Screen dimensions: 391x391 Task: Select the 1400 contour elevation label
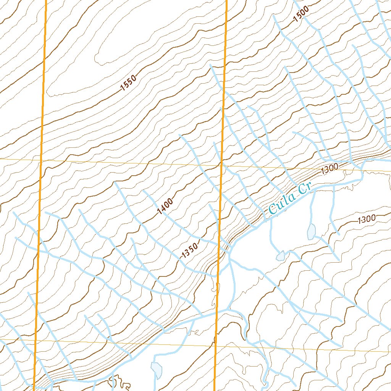pyautogui.click(x=165, y=206)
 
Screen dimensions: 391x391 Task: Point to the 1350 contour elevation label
pyautogui.click(x=190, y=250)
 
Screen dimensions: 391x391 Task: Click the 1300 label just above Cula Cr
pyautogui.click(x=330, y=169)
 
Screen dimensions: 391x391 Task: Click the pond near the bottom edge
pyautogui.click(x=157, y=369)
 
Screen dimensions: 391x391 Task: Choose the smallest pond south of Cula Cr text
pyautogui.click(x=281, y=255)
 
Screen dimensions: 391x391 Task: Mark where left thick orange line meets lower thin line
pyautogui.click(x=37, y=339)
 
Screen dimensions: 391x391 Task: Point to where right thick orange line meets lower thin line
pyautogui.click(x=216, y=345)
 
